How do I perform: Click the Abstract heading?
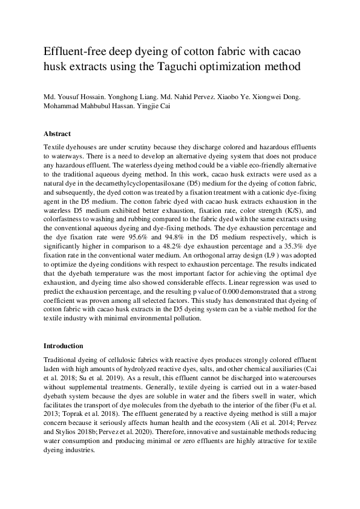point(57,133)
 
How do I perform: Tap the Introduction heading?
point(63,346)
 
